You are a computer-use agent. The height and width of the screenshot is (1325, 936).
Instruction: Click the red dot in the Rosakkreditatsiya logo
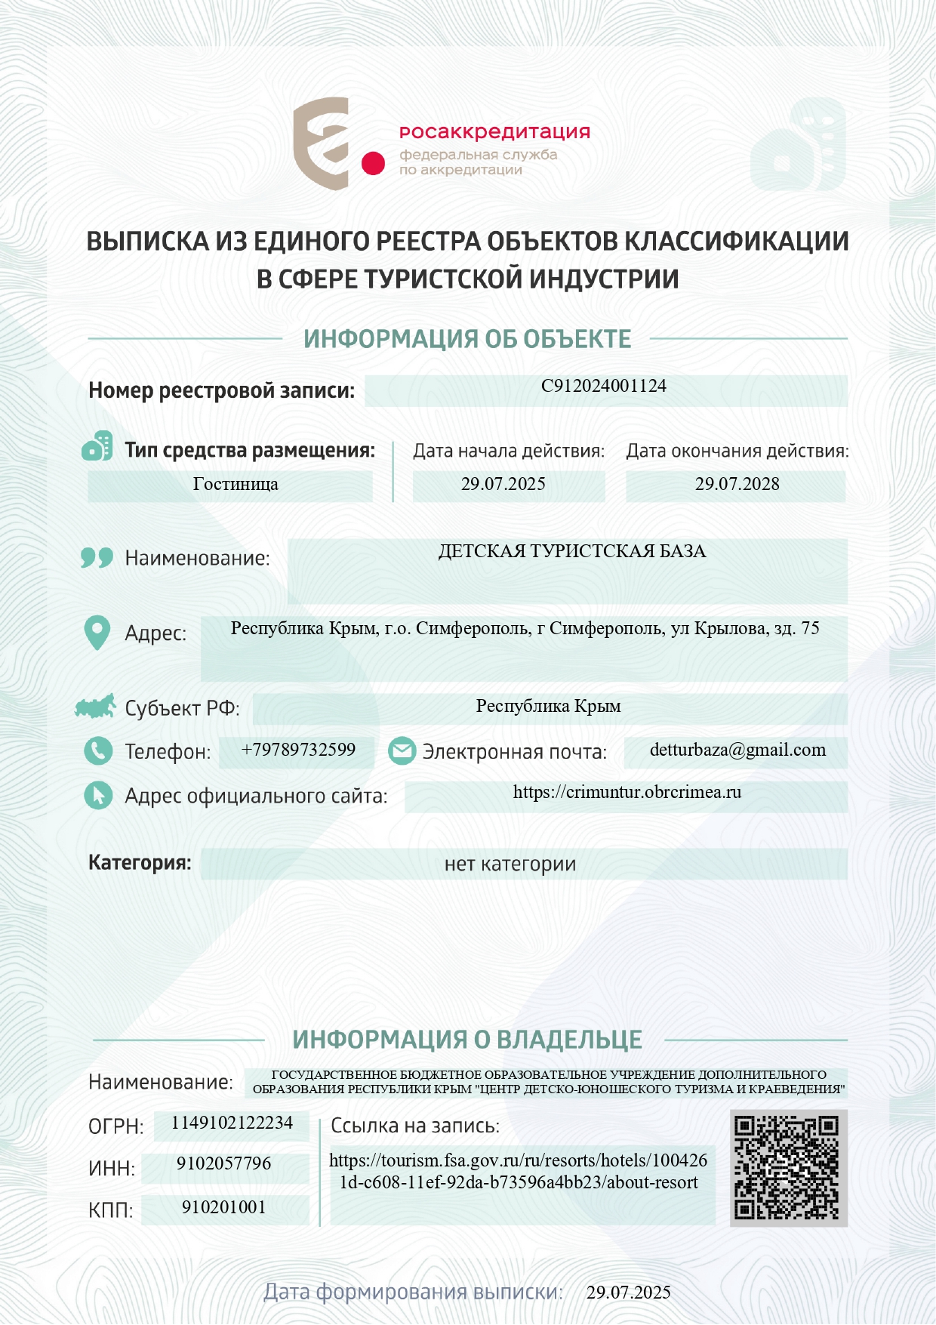(x=373, y=163)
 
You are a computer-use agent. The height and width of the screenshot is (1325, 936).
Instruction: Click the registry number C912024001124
(x=604, y=386)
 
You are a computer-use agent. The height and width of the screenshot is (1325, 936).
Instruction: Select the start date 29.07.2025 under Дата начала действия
(x=503, y=484)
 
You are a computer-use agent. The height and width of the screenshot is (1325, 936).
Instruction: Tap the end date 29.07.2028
(x=737, y=484)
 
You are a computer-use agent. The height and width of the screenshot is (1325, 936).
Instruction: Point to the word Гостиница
(x=236, y=484)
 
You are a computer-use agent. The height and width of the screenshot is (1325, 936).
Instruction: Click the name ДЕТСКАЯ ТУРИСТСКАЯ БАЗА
(x=571, y=551)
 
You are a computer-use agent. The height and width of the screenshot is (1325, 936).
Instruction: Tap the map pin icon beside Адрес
(x=97, y=633)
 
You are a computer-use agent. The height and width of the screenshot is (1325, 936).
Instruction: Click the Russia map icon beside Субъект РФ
(x=95, y=707)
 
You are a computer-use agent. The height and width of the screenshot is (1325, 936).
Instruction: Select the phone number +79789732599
(x=298, y=750)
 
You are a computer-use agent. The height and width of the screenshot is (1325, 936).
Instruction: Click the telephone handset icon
(x=97, y=751)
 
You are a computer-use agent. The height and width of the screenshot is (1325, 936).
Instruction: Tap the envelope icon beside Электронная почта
(x=402, y=751)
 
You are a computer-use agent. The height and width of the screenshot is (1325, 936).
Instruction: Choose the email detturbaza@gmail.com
(x=737, y=750)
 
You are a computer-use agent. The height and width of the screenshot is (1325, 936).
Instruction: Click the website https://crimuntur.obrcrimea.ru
(x=627, y=792)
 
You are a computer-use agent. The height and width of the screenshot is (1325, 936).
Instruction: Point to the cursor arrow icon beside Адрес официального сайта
(x=97, y=795)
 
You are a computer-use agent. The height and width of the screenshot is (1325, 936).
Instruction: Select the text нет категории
(x=510, y=864)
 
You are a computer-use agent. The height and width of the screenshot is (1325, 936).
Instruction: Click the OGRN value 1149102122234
(x=232, y=1123)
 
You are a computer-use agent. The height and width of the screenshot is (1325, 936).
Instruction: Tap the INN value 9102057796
(x=223, y=1163)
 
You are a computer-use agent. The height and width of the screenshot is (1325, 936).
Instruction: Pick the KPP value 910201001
(x=223, y=1207)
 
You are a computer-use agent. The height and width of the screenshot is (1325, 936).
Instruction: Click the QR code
(x=787, y=1167)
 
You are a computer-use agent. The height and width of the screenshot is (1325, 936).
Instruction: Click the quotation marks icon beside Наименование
(x=97, y=558)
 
